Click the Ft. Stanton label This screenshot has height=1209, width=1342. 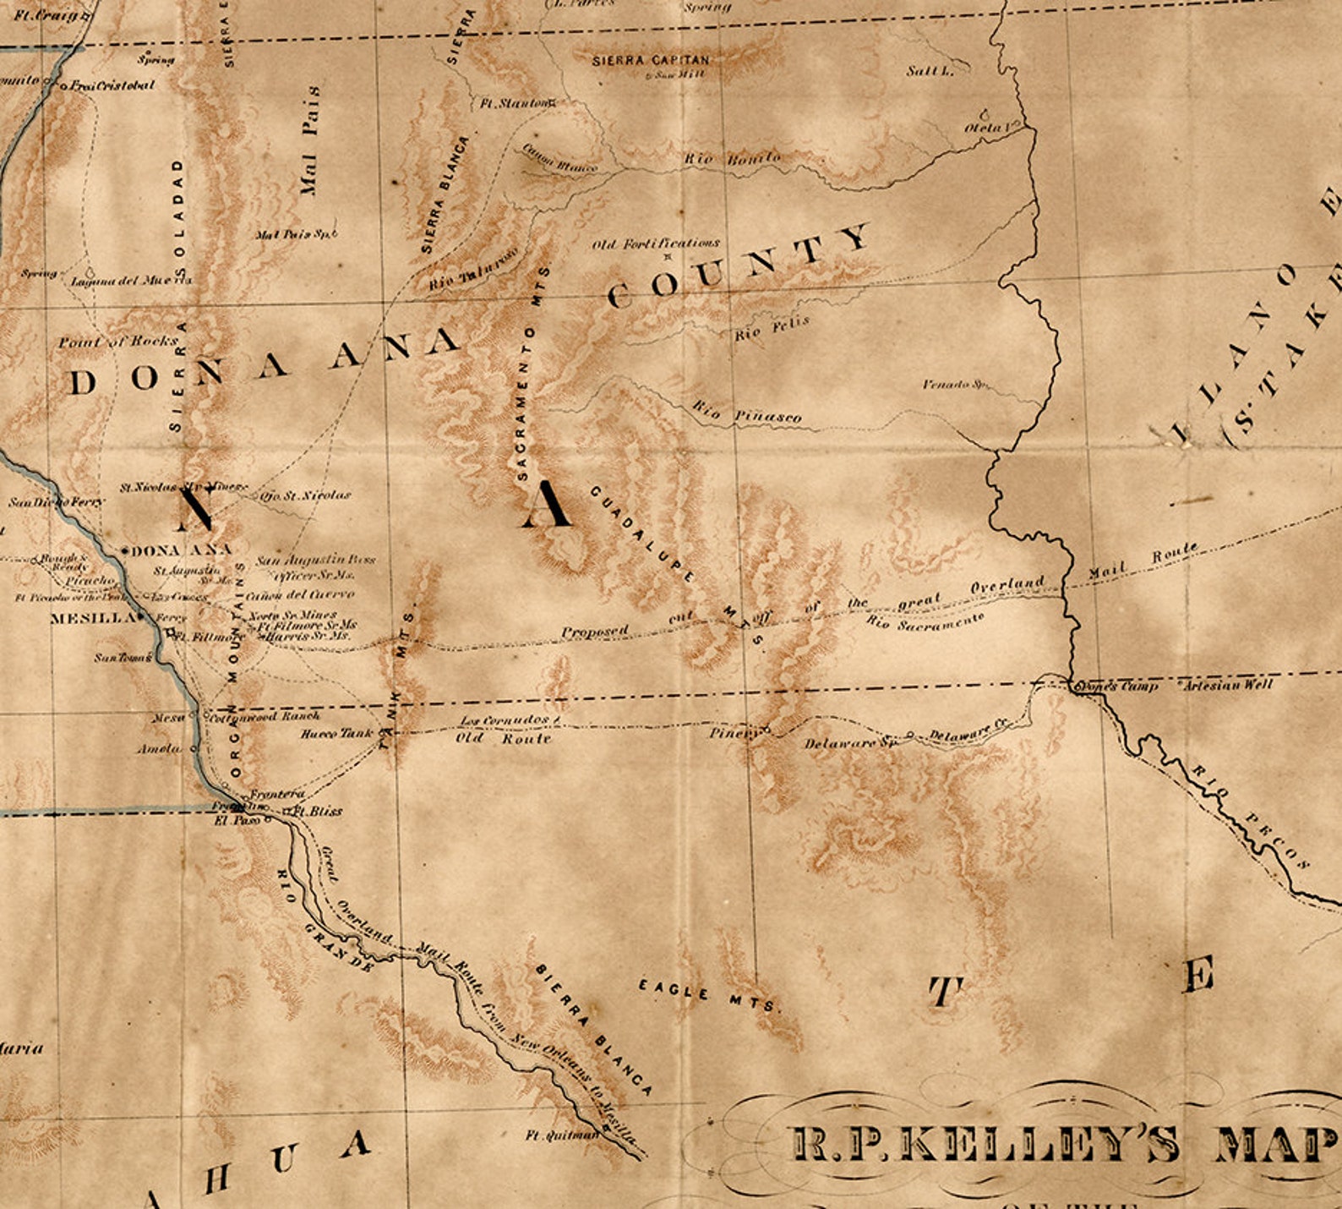(x=514, y=104)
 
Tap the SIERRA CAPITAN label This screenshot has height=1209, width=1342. (x=651, y=60)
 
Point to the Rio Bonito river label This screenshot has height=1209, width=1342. (x=732, y=158)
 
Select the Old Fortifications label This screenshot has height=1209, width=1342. (x=656, y=244)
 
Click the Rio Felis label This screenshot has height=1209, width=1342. (x=772, y=328)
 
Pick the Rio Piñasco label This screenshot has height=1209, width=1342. (x=747, y=413)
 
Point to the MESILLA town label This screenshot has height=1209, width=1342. (x=92, y=618)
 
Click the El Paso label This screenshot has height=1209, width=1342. (x=237, y=820)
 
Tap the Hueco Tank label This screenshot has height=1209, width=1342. (x=336, y=734)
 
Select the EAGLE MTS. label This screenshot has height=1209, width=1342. (x=707, y=995)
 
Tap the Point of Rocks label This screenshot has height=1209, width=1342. (x=118, y=342)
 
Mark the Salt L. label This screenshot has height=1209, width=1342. (x=930, y=71)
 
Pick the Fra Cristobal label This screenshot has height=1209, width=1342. (x=112, y=85)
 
